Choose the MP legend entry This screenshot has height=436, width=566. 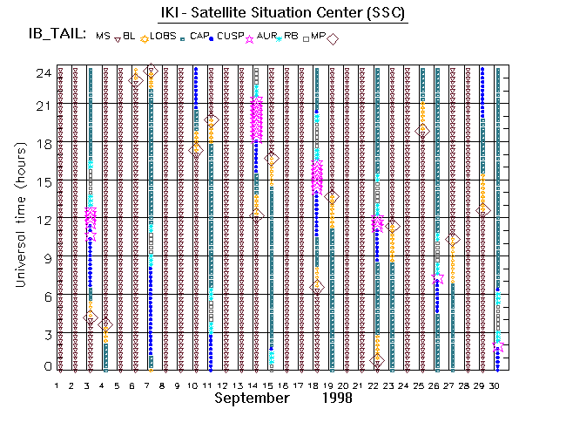tap(322, 37)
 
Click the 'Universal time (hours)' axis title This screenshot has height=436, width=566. tap(18, 220)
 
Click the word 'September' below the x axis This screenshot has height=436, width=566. tap(251, 398)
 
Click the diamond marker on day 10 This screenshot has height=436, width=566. tap(196, 150)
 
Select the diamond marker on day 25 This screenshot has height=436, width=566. tap(422, 131)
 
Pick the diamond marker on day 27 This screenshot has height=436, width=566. tap(452, 239)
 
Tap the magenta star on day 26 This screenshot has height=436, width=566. tap(437, 277)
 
